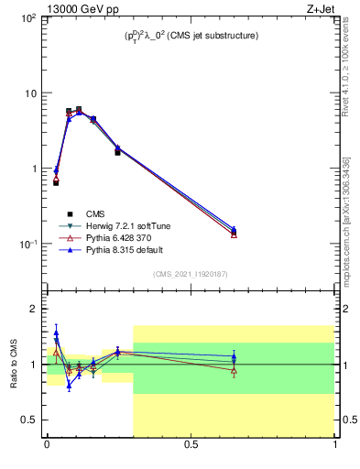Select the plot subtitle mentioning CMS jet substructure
(191, 36)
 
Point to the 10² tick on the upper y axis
(27, 18)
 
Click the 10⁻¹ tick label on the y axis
(27, 245)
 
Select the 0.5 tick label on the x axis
(191, 448)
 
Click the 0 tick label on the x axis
(47, 448)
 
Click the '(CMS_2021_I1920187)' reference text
(191, 274)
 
